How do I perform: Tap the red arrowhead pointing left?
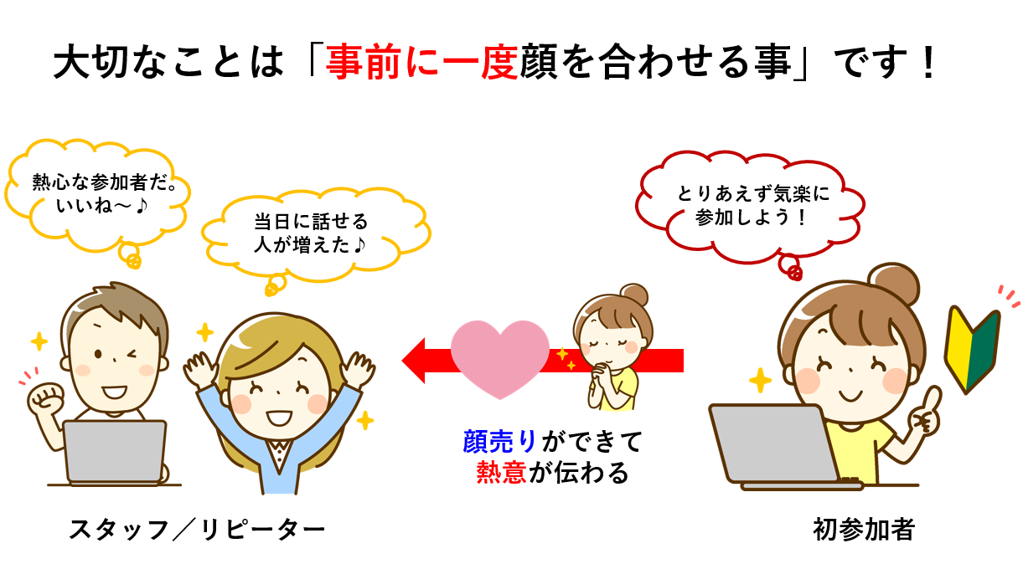[x=416, y=360]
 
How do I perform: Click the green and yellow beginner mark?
[x=972, y=349]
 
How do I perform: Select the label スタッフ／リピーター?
[x=196, y=529]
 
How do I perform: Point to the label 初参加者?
[x=863, y=529]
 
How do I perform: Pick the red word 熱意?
[x=501, y=473]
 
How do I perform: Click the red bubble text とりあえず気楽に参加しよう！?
[x=752, y=206]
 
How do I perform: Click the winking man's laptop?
[x=116, y=451]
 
